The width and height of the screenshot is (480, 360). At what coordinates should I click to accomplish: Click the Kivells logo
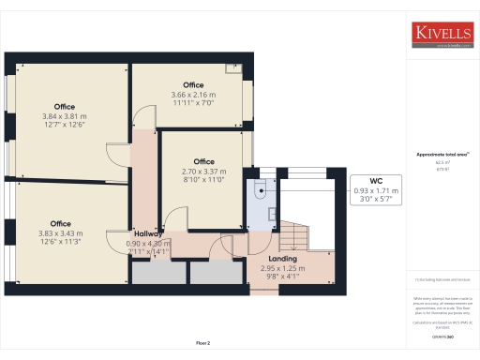pos(443,35)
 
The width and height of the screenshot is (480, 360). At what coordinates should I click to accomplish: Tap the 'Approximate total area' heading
pos(443,155)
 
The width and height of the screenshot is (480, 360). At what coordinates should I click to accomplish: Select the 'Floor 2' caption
pos(203,344)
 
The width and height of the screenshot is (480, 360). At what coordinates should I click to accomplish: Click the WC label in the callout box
pos(375,180)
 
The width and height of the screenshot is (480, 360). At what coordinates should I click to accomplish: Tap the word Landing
pos(283,259)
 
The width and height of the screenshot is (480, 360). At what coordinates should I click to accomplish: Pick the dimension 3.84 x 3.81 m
pos(65,116)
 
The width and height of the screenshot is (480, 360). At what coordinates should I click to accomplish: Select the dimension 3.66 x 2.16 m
pos(193,95)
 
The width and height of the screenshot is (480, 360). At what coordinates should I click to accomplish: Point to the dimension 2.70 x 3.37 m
pos(203,171)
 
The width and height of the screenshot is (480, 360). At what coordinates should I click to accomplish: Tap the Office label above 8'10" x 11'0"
pos(203,161)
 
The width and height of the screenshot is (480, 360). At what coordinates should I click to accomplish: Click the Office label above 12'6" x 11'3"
pos(61,223)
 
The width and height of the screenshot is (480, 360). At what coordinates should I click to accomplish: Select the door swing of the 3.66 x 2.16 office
pos(142,118)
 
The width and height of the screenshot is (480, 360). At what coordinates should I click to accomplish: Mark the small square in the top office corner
pos(232,67)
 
